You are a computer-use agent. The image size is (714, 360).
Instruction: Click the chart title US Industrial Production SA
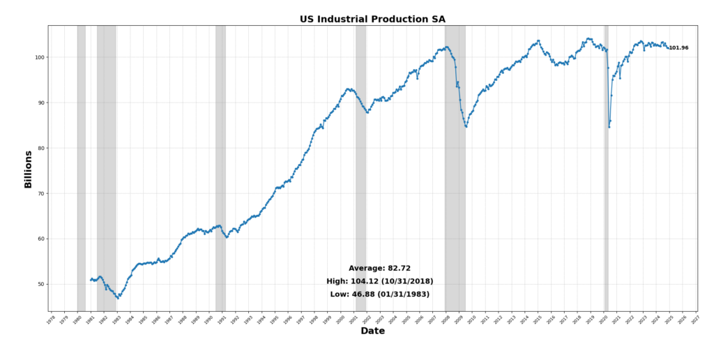(x=372, y=19)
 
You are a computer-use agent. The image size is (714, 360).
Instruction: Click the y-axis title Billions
(x=29, y=169)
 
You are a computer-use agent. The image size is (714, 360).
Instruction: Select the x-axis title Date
(x=372, y=331)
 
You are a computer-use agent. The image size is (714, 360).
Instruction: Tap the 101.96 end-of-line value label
(x=678, y=48)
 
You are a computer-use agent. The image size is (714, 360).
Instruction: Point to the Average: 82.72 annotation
(x=379, y=268)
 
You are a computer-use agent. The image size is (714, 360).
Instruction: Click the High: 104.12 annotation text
(x=379, y=281)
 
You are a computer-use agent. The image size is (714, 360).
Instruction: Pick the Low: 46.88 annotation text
(x=379, y=294)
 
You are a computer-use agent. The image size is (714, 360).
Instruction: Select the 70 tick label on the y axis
(x=40, y=193)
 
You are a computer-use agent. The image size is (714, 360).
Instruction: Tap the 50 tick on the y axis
(x=40, y=284)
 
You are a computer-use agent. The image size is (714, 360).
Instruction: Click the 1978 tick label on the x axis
(x=50, y=320)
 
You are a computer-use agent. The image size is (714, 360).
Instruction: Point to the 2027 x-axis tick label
(x=695, y=320)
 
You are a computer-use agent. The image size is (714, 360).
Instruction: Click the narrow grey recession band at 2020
(x=606, y=167)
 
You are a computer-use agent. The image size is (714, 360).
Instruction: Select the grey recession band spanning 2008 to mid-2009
(x=455, y=167)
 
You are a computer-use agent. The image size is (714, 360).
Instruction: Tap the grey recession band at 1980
(x=81, y=167)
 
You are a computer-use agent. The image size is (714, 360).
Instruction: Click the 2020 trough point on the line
(x=609, y=126)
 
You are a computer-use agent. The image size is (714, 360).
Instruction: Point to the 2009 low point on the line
(x=466, y=126)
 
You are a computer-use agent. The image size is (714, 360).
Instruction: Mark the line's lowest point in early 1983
(x=117, y=298)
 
